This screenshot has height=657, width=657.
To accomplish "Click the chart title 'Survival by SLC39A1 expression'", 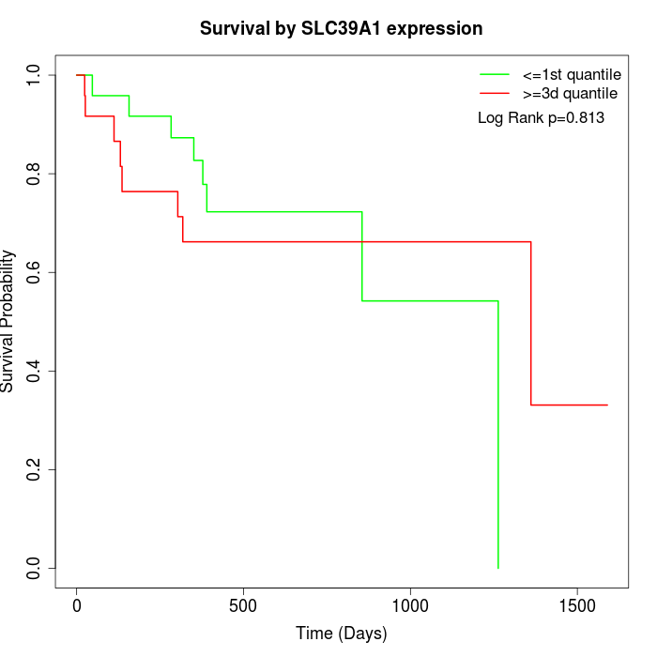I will (341, 29).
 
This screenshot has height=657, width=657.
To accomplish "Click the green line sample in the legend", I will (495, 73).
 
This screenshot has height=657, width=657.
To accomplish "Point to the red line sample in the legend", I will (495, 93).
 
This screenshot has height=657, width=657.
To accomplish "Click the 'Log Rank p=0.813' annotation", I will (541, 118).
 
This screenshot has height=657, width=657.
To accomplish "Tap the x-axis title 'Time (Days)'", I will (341, 634).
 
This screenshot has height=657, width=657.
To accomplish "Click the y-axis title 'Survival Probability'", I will (8, 321).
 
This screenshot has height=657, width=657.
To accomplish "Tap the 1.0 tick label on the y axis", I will (34, 75).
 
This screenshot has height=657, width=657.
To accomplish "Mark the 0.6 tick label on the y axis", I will (34, 272).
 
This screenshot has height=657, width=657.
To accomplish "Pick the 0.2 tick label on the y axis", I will (34, 469).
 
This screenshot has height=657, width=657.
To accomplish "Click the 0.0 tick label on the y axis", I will (34, 568).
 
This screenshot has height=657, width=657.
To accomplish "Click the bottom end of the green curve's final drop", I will (497, 568).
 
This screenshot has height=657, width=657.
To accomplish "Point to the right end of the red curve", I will (607, 405).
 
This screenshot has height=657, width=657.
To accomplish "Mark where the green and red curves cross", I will (362, 242).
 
